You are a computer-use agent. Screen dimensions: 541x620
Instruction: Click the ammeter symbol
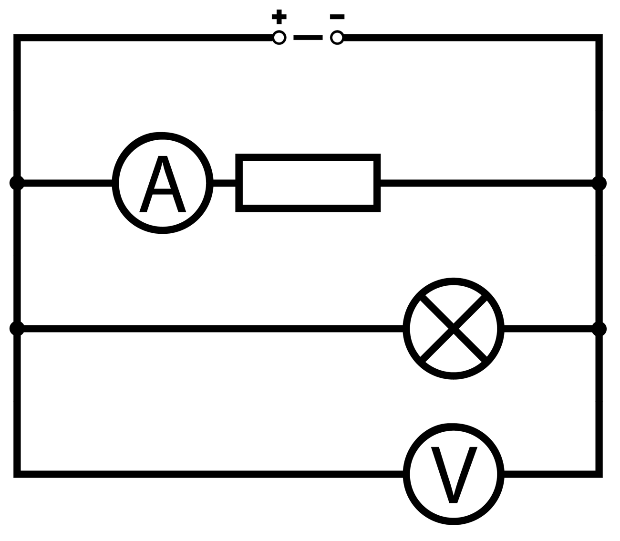tap(162, 183)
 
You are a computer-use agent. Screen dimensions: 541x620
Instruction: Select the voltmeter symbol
tap(453, 474)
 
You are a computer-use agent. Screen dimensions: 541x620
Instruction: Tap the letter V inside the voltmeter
tap(454, 474)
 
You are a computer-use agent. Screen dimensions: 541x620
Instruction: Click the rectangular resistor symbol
tap(308, 183)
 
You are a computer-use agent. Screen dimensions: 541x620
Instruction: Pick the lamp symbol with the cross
tap(453, 329)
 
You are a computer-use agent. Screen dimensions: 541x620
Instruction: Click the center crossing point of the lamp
tap(453, 329)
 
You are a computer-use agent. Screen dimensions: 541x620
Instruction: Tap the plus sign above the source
tap(279, 17)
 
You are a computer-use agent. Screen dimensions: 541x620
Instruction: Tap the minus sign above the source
tap(337, 17)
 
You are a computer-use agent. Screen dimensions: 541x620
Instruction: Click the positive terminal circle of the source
tap(279, 38)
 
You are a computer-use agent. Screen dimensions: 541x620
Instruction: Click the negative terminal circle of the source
tap(337, 37)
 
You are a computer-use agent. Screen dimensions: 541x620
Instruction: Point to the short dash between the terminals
tap(308, 38)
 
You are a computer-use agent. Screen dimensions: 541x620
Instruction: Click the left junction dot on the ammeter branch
tap(17, 183)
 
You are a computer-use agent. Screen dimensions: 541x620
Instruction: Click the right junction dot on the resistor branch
tap(599, 183)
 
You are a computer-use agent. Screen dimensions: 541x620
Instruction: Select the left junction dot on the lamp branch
tap(17, 329)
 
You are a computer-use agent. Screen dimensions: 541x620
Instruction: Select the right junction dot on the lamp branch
tap(599, 329)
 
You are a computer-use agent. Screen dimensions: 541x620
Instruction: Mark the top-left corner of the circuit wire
tap(17, 38)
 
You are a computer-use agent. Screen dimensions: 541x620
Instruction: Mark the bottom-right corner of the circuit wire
tap(599, 474)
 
